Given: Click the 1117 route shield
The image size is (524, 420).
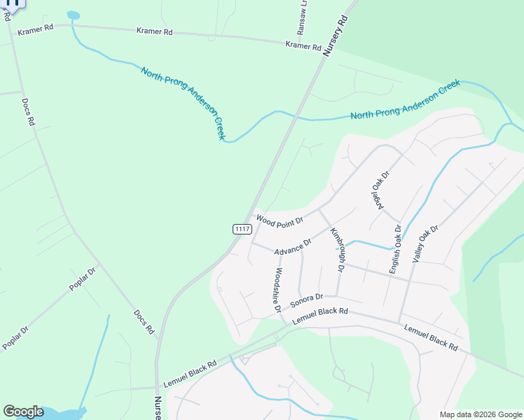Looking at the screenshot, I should pyautogui.click(x=242, y=229).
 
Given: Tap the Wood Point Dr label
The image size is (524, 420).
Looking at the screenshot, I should pyautogui.click(x=280, y=220).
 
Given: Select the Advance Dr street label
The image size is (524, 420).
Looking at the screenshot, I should pyautogui.click(x=293, y=247).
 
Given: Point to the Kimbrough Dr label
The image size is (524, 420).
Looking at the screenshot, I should pyautogui.click(x=338, y=250).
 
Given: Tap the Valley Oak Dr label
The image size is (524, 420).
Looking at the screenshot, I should pyautogui.click(x=425, y=244).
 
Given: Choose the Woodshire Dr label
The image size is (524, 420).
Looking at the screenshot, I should pyautogui.click(x=279, y=289).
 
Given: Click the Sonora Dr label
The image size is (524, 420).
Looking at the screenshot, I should pyautogui.click(x=306, y=300).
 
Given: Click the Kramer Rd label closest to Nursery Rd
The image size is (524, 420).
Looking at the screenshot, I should pyautogui.click(x=303, y=45).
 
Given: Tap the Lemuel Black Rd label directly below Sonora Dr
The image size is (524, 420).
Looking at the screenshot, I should pyautogui.click(x=320, y=316).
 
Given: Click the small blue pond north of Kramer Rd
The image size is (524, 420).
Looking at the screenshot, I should pyautogui.click(x=73, y=15).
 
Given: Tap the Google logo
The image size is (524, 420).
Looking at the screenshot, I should pyautogui.click(x=23, y=412).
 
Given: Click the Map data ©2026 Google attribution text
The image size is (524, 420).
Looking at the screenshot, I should pyautogui.click(x=480, y=414).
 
